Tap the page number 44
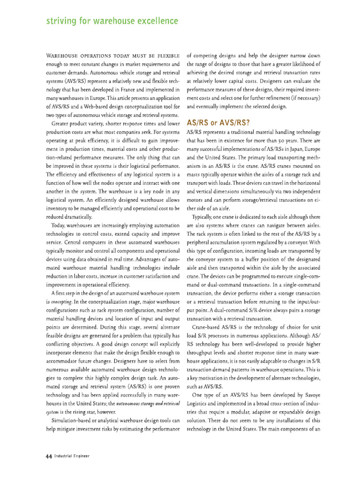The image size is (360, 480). (x=48, y=455)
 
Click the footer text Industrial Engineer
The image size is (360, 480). (x=71, y=456)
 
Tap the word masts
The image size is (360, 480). (x=195, y=175)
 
